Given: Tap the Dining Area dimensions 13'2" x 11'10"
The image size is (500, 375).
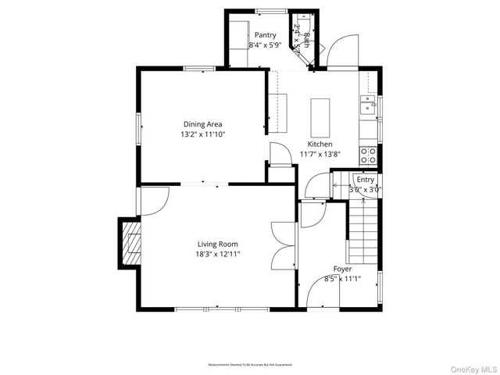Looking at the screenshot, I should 203,134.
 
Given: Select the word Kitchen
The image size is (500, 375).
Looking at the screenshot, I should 320,145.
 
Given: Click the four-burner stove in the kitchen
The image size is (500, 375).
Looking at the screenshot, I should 367,155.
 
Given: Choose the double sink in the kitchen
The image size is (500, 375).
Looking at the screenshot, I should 367,103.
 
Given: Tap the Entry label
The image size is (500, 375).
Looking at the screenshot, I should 366,180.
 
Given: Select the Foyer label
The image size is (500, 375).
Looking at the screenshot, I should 341,269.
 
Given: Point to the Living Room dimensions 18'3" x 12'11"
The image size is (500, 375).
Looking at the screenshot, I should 217,254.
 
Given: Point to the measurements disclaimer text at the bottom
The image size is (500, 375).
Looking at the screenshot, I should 249,365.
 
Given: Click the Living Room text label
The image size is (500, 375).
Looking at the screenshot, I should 217,244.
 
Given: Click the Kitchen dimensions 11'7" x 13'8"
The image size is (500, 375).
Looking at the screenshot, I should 320,155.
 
